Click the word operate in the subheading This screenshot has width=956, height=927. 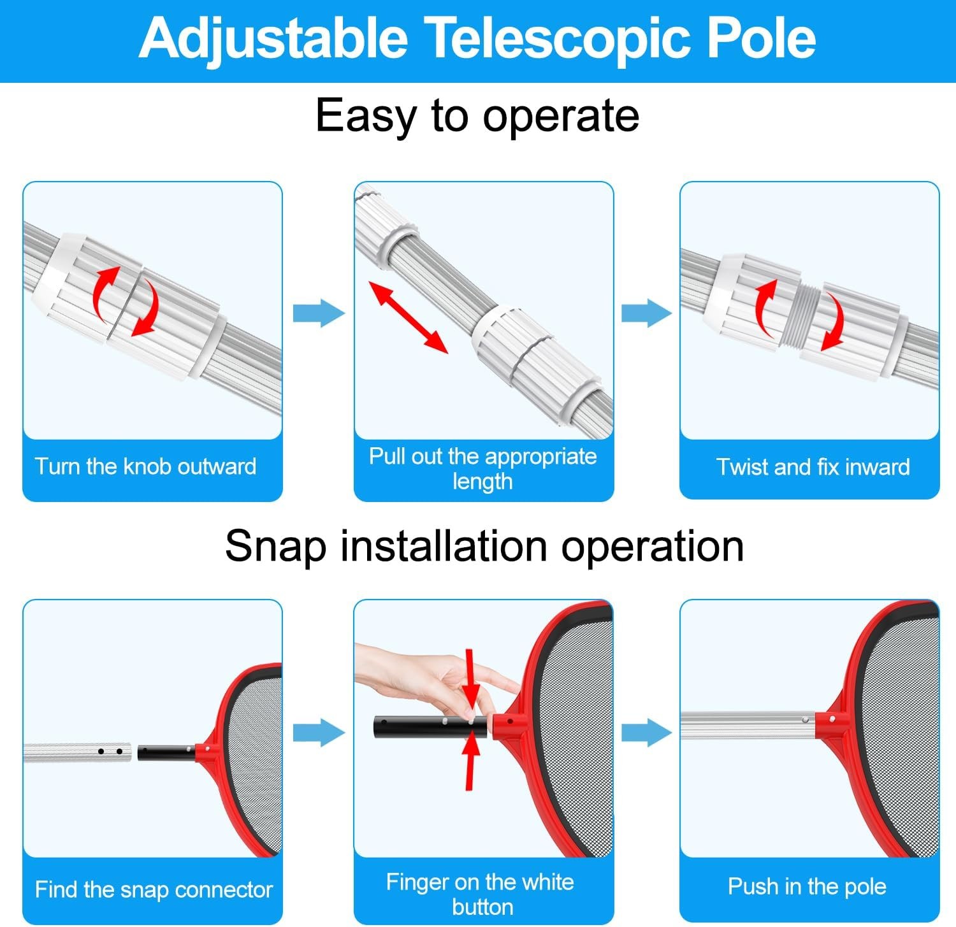[x=560, y=116]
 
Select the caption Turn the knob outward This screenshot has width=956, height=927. [x=146, y=466]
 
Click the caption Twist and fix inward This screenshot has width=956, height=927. [x=813, y=467]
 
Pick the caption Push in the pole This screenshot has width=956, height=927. [x=807, y=886]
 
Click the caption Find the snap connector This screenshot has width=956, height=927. [x=154, y=889]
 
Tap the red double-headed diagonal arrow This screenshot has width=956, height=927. [x=409, y=318]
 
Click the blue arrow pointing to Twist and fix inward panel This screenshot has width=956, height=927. [x=646, y=313]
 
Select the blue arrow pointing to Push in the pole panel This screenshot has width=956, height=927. [x=646, y=732]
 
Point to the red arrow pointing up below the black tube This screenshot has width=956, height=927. [x=470, y=761]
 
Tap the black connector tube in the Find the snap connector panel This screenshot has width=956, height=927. [x=164, y=752]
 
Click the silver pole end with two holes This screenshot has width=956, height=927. [x=108, y=752]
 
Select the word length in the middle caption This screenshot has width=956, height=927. [x=482, y=481]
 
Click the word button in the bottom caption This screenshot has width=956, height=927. [x=482, y=906]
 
